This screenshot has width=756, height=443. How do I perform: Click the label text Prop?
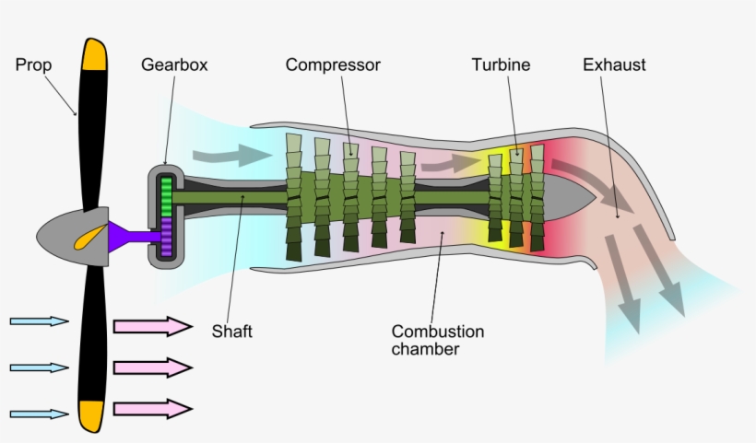point(33,65)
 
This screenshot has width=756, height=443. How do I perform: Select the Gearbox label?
point(174,65)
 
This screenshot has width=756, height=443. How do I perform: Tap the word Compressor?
point(333,65)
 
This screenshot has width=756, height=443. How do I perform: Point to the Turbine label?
point(501,65)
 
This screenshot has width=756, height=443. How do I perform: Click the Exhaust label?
point(614,65)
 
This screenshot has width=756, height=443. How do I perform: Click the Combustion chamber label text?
point(437,340)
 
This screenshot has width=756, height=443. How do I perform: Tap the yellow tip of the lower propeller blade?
point(91,416)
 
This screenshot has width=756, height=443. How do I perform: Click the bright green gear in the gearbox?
point(167,196)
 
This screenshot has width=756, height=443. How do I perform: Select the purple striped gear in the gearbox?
point(167,238)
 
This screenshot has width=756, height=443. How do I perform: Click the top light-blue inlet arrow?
point(39,321)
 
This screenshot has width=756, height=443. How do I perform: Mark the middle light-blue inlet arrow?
point(39,367)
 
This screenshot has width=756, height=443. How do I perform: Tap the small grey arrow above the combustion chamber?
point(452,163)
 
